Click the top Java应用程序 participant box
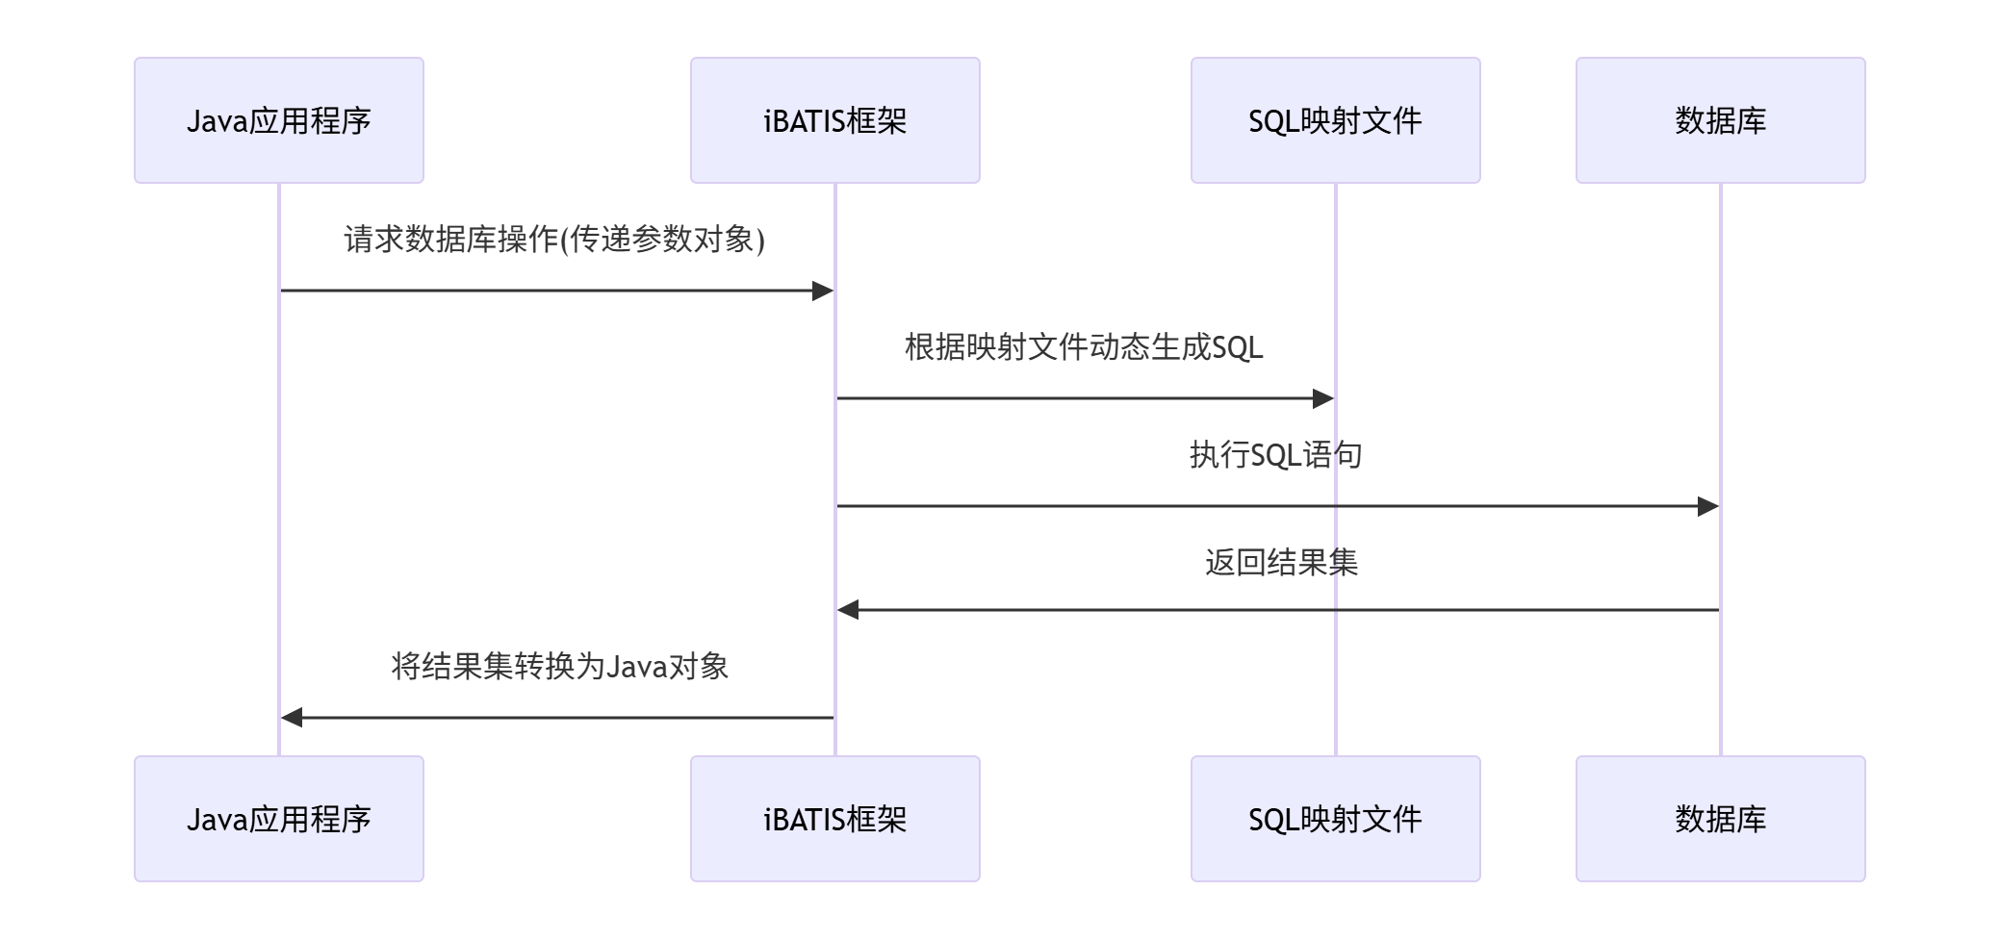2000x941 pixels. [x=278, y=120]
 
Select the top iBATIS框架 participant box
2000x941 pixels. [x=834, y=120]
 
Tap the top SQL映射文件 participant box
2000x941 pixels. [x=1335, y=120]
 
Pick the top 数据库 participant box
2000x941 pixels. [x=1720, y=120]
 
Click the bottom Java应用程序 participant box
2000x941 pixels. [x=278, y=819]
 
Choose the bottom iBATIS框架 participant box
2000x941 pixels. [x=834, y=819]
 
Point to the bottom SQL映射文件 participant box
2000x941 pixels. [x=1335, y=819]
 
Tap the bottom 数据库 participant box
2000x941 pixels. [x=1720, y=819]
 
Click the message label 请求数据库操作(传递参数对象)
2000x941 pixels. [x=554, y=239]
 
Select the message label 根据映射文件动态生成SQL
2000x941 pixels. [x=1084, y=346]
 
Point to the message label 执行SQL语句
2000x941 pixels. [x=1275, y=454]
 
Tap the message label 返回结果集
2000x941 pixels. [x=1281, y=562]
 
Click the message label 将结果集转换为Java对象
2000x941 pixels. [x=559, y=666]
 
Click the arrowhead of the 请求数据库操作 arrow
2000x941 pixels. [x=823, y=291]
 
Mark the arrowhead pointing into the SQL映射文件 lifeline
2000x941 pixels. [x=1323, y=398]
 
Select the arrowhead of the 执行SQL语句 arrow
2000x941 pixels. [x=1708, y=506]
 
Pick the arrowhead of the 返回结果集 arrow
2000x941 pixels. [x=848, y=610]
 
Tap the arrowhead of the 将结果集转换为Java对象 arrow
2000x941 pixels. [x=292, y=718]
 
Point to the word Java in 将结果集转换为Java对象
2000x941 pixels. [x=636, y=667]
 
